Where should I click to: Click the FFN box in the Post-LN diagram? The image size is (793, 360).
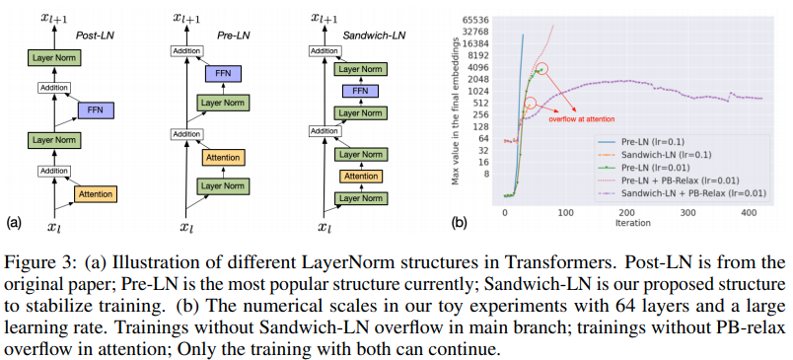click(x=96, y=109)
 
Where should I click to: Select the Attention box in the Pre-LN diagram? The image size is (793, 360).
click(x=223, y=157)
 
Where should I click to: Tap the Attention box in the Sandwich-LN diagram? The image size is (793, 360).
click(x=361, y=176)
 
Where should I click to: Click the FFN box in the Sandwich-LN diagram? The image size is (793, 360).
click(x=361, y=91)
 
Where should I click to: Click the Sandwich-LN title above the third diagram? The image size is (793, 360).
click(x=374, y=36)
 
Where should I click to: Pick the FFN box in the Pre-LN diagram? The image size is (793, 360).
click(x=223, y=74)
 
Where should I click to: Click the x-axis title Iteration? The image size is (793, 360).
click(x=633, y=222)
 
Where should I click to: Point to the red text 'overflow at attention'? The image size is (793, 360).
click(x=582, y=119)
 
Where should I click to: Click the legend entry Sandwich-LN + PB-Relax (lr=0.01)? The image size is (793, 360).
click(x=682, y=192)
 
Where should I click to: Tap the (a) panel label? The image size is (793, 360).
click(x=12, y=222)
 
